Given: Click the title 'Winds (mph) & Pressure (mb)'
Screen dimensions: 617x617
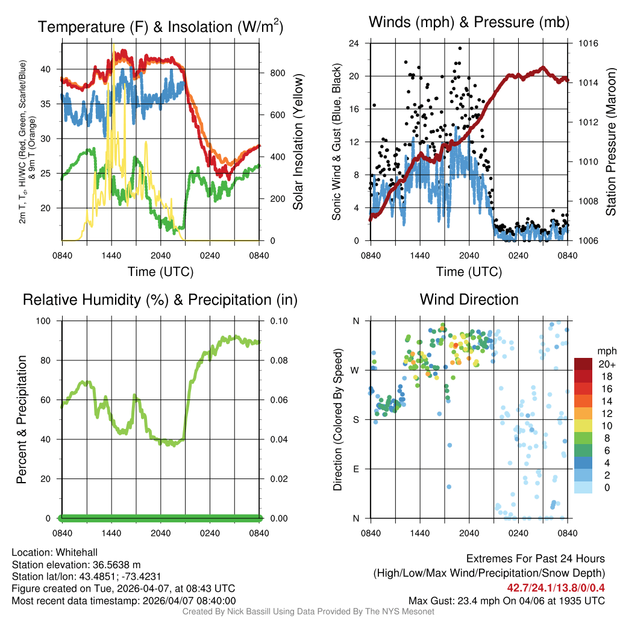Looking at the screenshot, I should [x=469, y=23].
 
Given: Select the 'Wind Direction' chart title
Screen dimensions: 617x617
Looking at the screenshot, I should [x=469, y=299].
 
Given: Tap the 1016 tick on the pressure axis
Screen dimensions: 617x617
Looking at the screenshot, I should [x=588, y=43].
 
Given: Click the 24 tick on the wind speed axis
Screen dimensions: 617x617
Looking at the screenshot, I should [x=354, y=43].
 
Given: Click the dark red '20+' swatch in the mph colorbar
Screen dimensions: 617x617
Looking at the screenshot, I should [x=583, y=365].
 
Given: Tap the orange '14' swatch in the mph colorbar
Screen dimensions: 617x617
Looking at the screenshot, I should [x=583, y=401].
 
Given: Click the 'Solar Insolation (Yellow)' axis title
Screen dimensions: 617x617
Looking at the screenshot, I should [x=298, y=142].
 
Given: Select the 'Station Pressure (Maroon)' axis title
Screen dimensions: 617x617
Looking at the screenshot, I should [x=610, y=142].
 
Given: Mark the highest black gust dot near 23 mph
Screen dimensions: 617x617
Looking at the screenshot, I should [x=460, y=48].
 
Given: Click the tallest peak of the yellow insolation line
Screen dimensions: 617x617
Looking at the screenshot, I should [x=113, y=45].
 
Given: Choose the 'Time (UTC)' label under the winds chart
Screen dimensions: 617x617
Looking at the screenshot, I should [x=469, y=272].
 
